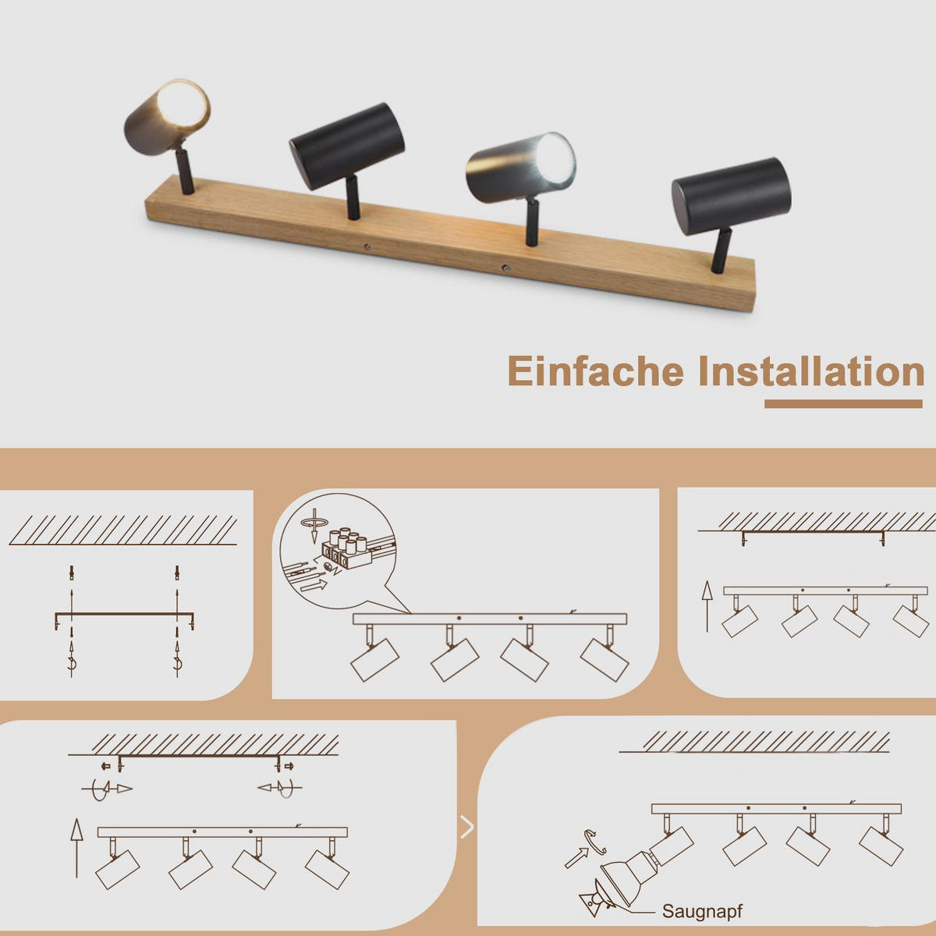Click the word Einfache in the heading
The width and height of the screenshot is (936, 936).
pos(595,371)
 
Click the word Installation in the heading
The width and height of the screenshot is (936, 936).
pos(811,371)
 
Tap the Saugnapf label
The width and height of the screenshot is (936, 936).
pos(702,911)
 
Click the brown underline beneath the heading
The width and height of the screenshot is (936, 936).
pos(843,404)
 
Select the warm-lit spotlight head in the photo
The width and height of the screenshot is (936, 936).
pos(167,117)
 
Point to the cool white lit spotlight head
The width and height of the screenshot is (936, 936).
pos(521,168)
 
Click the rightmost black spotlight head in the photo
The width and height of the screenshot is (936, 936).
pos(732,197)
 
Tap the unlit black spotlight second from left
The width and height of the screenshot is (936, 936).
pos(347,146)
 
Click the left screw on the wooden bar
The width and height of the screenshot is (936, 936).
pos(367,247)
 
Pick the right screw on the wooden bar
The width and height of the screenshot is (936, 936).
pos(506,268)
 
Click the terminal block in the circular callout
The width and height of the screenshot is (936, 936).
pos(347,551)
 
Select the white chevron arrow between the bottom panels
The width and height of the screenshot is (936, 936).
pos(466,828)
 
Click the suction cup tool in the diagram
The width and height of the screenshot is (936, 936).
pos(597,899)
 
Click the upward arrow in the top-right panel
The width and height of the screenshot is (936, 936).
pos(707,607)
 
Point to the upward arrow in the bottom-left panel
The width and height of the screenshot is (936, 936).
pos(76,848)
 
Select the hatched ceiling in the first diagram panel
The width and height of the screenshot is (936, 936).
pos(123,530)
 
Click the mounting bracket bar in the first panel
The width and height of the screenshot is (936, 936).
pos(124,615)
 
